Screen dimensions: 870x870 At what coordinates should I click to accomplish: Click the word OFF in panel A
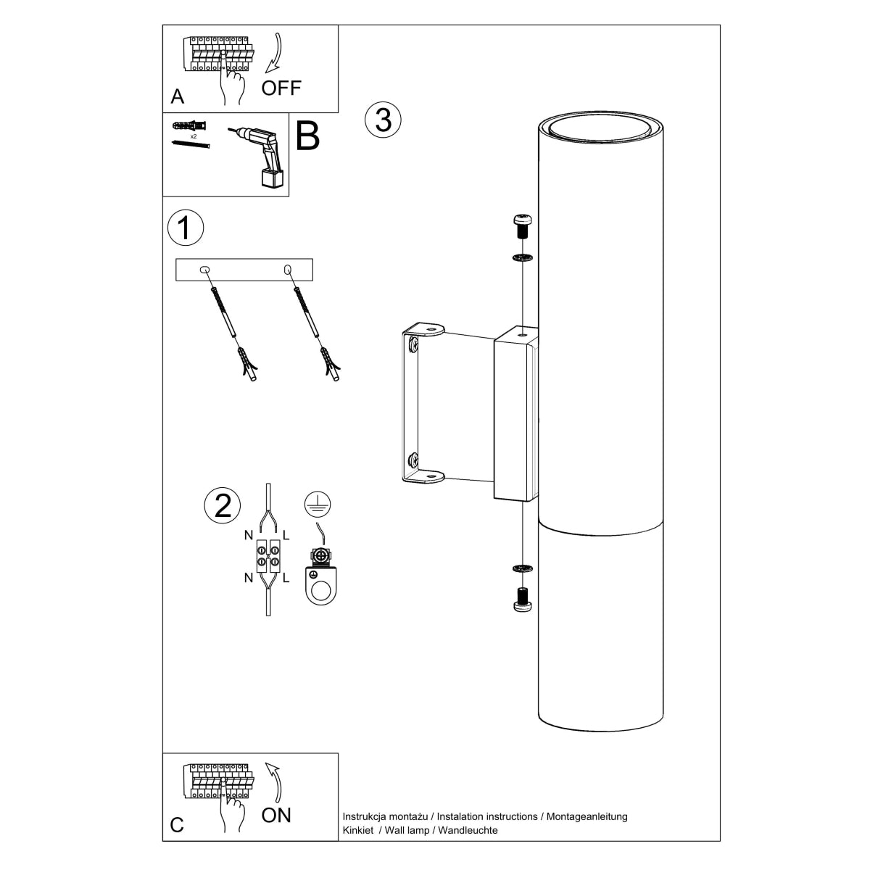coord(281,88)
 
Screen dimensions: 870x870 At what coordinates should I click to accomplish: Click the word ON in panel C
coord(276,815)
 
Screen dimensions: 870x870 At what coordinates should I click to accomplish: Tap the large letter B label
coord(307,136)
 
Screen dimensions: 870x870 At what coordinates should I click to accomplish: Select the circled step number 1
coord(186,228)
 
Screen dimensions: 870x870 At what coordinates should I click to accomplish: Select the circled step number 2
coord(223,505)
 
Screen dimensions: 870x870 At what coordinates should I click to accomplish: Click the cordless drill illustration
coord(261,156)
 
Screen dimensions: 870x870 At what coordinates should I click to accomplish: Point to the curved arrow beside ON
coord(274,782)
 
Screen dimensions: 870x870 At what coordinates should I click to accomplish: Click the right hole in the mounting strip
coord(288,270)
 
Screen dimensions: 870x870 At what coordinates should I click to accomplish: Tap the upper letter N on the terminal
coord(249,536)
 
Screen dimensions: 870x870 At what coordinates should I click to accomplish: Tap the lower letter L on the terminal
coord(286,578)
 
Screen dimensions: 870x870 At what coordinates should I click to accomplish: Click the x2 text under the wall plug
coord(194,136)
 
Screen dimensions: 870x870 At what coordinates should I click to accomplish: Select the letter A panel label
coord(178,96)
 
